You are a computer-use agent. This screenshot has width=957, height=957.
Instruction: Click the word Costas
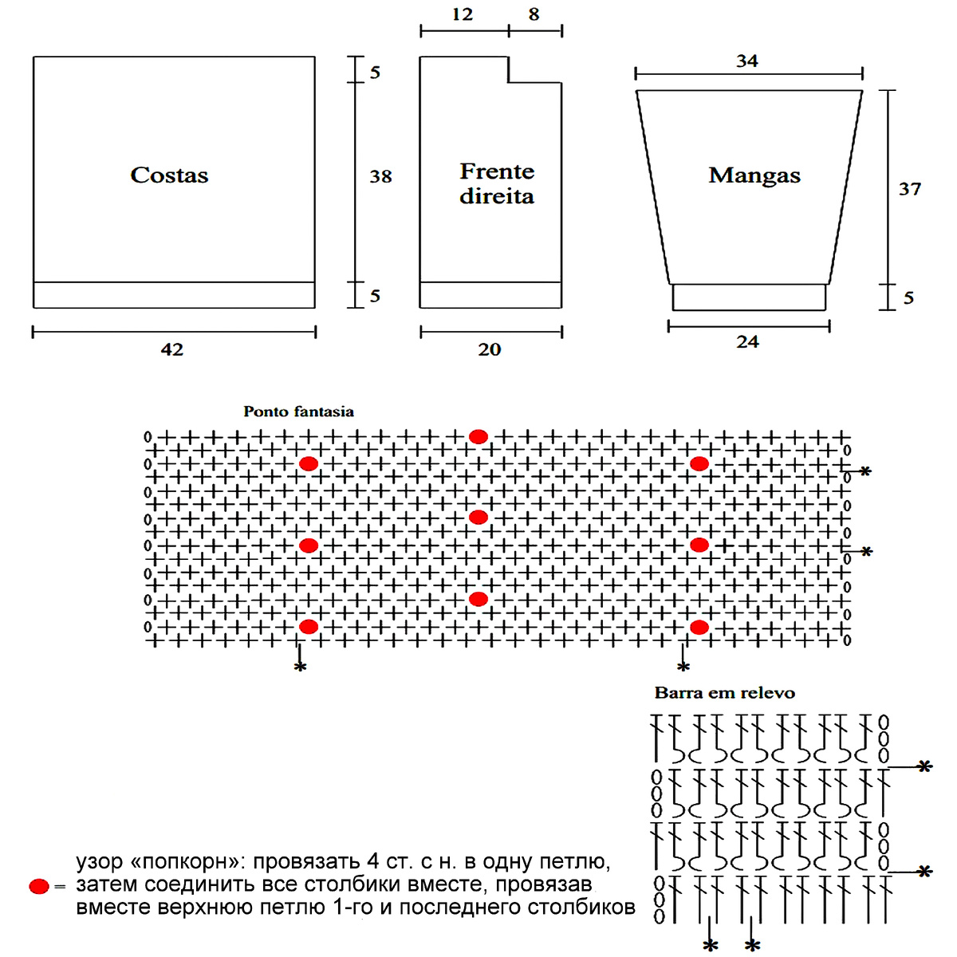coord(169,175)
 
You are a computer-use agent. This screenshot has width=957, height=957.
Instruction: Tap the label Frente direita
coord(497,183)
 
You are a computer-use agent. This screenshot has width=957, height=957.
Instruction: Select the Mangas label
coord(754,175)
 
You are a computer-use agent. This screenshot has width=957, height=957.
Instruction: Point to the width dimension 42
coord(172,349)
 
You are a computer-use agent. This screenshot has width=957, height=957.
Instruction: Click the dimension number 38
coord(380,177)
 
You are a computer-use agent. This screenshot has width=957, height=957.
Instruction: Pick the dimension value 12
coord(462,14)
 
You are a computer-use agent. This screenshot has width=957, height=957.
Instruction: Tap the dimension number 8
coord(534,14)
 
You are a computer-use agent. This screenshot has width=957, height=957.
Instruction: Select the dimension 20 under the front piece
coord(490,349)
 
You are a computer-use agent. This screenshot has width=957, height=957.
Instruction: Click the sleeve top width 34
coord(747,61)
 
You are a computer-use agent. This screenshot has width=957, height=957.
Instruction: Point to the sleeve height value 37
coord(910,189)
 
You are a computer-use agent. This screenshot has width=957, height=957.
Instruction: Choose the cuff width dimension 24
coord(747,342)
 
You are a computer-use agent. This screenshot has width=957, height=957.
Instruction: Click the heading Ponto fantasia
coord(298,412)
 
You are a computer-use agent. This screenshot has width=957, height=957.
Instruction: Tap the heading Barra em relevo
coord(725,693)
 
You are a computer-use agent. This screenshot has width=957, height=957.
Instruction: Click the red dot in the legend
coord(38,886)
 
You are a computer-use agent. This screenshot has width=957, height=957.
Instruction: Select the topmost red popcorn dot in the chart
coord(478,436)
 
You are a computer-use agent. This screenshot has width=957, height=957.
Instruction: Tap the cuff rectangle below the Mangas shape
coord(749,297)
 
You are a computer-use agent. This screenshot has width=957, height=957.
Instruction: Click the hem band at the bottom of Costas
coord(174,295)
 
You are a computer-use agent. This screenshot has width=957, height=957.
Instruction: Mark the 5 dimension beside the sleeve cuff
coord(908,298)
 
